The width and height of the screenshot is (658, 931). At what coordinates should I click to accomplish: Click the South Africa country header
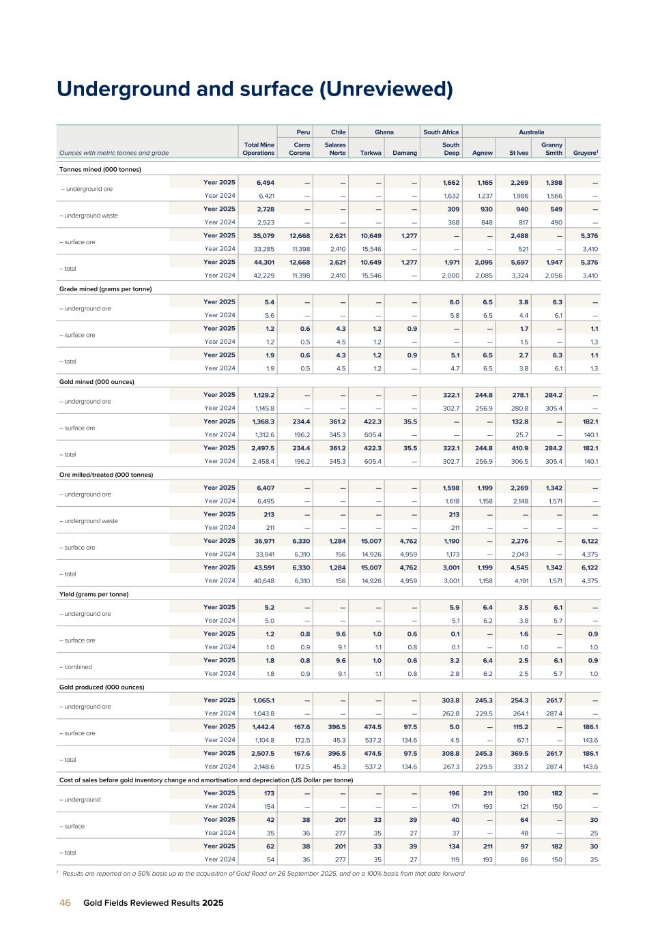(x=441, y=132)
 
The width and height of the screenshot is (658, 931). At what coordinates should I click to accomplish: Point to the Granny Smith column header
(x=552, y=149)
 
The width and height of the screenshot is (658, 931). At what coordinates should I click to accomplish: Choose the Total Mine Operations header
(x=258, y=149)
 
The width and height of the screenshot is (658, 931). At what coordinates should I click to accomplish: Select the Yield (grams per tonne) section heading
(x=94, y=594)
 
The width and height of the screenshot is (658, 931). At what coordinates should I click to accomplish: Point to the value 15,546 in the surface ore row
(x=371, y=248)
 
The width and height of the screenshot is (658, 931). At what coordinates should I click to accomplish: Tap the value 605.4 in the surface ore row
(x=372, y=434)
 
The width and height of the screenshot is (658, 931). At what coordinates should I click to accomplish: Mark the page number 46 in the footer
(x=65, y=902)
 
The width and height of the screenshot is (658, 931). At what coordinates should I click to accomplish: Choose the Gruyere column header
(x=586, y=153)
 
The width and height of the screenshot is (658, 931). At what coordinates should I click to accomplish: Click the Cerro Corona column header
(x=299, y=149)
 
